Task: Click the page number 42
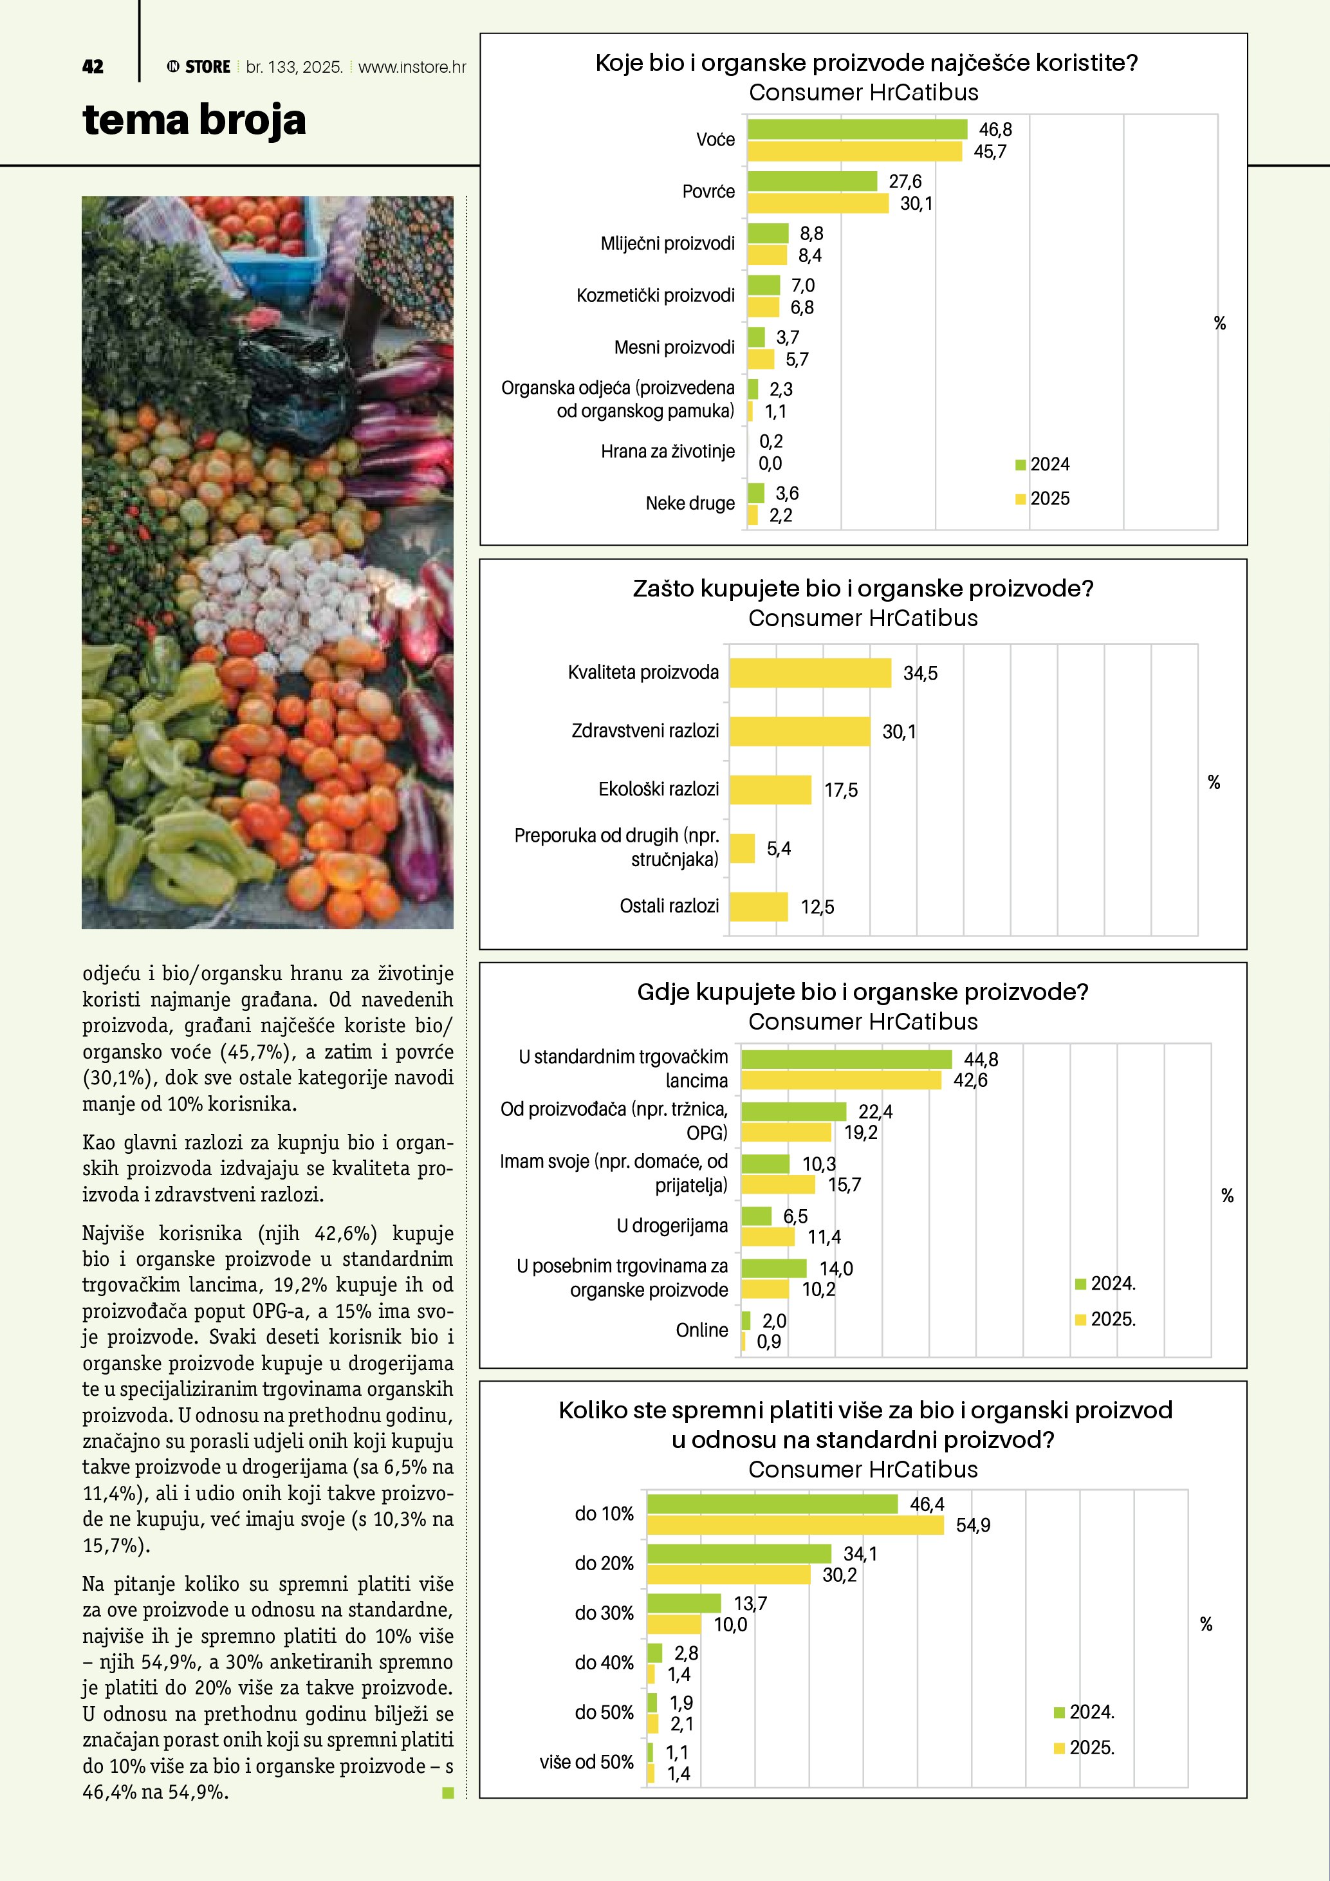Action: click(93, 67)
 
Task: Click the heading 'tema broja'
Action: click(194, 120)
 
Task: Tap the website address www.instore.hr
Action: click(412, 67)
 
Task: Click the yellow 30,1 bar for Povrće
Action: click(817, 203)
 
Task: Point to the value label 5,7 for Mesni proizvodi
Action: click(797, 360)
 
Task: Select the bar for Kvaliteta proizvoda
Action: click(809, 672)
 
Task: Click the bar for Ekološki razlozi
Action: click(770, 790)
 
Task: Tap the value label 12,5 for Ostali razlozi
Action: click(817, 907)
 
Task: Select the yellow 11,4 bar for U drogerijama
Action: click(768, 1236)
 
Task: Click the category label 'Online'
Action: click(701, 1330)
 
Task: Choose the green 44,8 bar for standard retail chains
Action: click(846, 1059)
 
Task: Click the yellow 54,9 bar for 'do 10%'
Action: click(795, 1524)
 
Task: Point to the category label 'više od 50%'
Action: click(586, 1761)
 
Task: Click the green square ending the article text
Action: click(448, 1793)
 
